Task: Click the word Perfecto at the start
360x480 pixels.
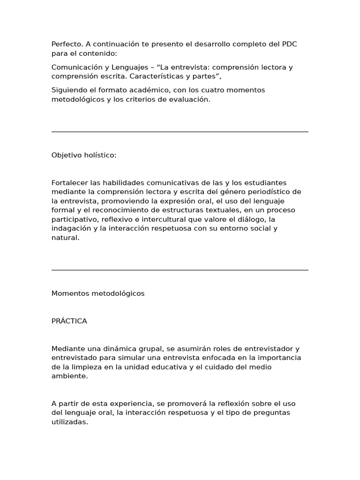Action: (x=67, y=44)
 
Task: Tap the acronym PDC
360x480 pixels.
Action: (x=289, y=44)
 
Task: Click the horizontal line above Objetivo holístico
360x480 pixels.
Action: (x=180, y=132)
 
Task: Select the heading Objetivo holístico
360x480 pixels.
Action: (x=84, y=155)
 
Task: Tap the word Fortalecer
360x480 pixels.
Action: (x=69, y=183)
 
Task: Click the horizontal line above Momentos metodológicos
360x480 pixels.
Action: (x=180, y=270)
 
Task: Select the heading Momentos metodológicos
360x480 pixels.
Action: (x=98, y=293)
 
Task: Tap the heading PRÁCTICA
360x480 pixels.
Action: (x=69, y=321)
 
